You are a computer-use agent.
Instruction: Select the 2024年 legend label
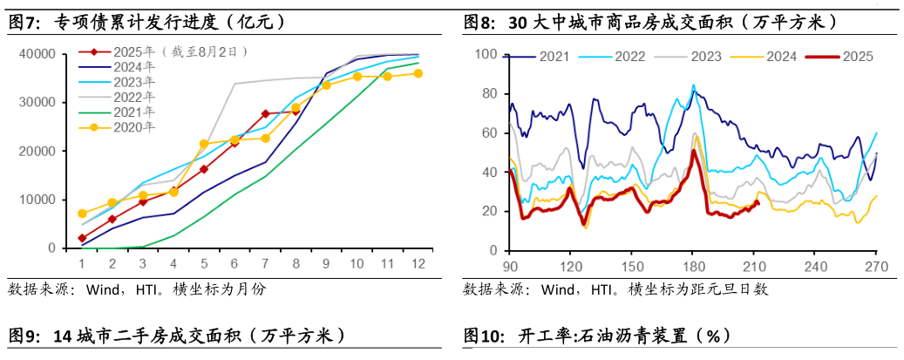(x=135, y=66)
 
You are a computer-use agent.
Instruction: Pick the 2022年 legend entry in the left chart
(x=135, y=97)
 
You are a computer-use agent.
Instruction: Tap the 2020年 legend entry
(x=135, y=127)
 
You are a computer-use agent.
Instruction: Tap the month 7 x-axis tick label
(x=265, y=263)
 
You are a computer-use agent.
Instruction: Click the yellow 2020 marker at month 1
(x=82, y=214)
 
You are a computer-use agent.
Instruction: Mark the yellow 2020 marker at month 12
(x=418, y=73)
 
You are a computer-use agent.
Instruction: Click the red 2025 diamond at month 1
(x=82, y=238)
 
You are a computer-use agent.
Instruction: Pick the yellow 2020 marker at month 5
(x=204, y=144)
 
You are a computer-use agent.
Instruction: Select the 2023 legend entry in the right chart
(x=706, y=57)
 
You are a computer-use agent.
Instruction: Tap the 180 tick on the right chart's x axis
(x=693, y=266)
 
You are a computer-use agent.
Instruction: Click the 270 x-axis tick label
(x=875, y=266)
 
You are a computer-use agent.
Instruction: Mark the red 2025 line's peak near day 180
(x=693, y=151)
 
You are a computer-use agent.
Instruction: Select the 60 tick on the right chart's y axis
(x=489, y=133)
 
